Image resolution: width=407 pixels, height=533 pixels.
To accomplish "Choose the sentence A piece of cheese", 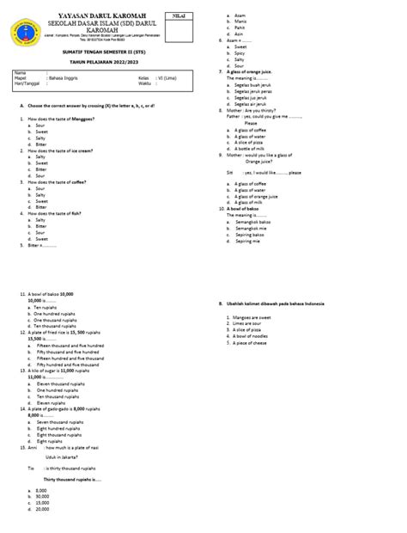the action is (250, 343).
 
